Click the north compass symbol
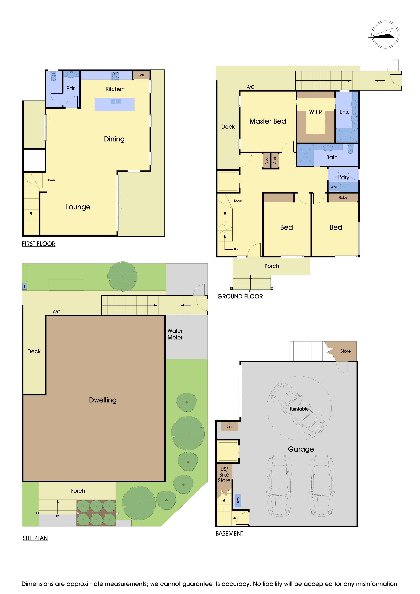pos(385,34)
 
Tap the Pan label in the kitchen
pos(141,75)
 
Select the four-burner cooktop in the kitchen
pos(115,76)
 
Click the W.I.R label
pos(315,112)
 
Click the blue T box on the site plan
pos(25,286)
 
